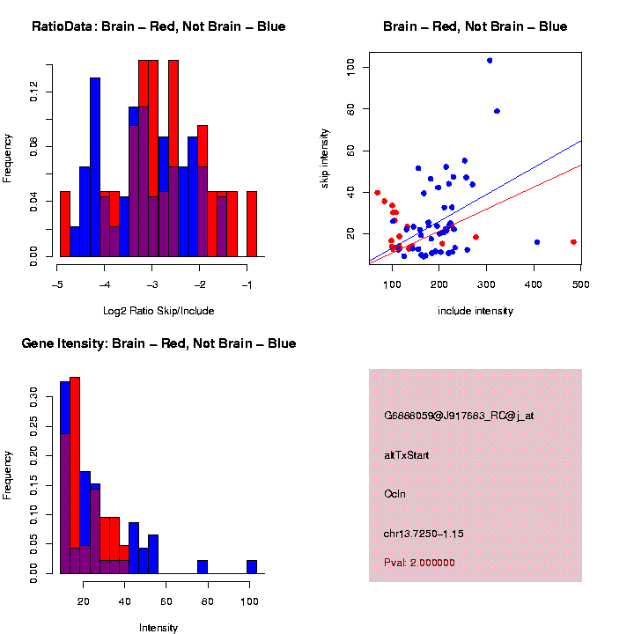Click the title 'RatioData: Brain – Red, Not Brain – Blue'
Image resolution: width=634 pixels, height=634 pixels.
click(158, 27)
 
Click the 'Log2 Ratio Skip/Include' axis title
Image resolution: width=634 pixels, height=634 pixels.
click(158, 310)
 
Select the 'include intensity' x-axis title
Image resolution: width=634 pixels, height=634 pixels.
click(475, 310)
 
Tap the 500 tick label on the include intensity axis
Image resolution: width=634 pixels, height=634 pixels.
click(580, 284)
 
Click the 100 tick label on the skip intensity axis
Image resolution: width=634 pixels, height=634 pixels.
click(350, 67)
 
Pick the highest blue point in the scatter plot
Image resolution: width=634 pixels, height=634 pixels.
click(490, 61)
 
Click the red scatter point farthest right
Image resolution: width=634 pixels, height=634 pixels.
click(573, 241)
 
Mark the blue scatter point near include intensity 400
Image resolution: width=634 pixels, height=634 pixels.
click(536, 241)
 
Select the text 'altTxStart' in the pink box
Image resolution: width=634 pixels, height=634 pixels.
click(407, 456)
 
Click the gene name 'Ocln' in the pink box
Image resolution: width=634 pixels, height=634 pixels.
click(394, 495)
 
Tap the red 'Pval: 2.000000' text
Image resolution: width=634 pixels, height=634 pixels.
click(419, 562)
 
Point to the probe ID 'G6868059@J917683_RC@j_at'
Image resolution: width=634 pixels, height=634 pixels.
click(459, 416)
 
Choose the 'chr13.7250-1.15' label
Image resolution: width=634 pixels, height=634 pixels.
click(424, 534)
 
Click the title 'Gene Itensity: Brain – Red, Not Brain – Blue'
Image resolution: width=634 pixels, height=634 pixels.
click(158, 343)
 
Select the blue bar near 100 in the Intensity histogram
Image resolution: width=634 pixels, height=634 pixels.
click(252, 566)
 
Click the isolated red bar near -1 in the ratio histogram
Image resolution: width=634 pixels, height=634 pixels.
click(252, 224)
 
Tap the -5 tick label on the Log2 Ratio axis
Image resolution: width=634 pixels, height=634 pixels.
click(57, 284)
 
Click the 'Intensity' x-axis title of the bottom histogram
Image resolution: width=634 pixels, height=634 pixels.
click(158, 628)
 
